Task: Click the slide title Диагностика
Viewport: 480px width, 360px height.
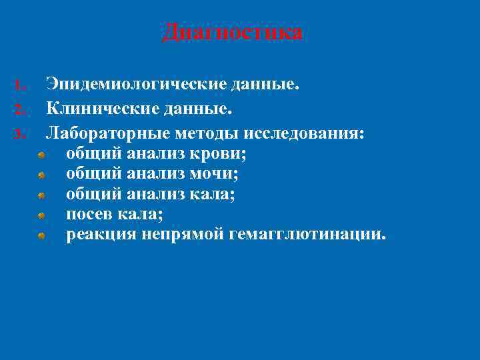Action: click(x=232, y=32)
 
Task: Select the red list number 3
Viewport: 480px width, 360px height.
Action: click(x=20, y=134)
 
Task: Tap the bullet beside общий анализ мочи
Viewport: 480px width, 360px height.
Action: click(x=41, y=175)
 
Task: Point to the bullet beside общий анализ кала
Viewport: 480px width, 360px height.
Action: click(x=41, y=196)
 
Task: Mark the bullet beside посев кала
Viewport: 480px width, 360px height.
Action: click(x=41, y=216)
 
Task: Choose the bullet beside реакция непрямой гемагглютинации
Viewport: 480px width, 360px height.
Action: click(x=41, y=236)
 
